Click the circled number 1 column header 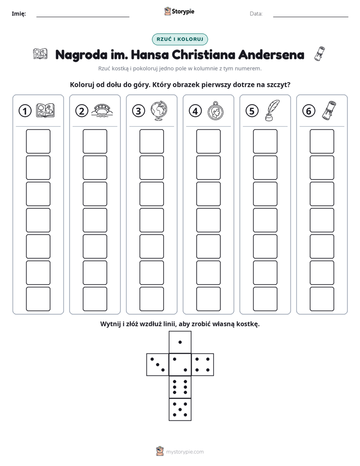tap(25, 111)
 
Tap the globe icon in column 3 tap(159, 110)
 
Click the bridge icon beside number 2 tap(102, 110)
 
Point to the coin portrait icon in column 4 tap(215, 111)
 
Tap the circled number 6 tap(309, 111)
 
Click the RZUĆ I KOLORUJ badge tap(180, 39)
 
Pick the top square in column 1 tap(38, 141)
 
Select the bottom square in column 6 tap(322, 299)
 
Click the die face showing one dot tap(180, 342)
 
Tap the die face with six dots tap(180, 387)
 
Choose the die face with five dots tap(180, 409)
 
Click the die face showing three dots tap(158, 364)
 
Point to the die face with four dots tap(203, 364)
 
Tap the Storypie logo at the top tap(179, 11)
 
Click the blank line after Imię tap(83, 17)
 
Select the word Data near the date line tap(256, 14)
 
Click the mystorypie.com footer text tap(185, 452)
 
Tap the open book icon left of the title tap(40, 54)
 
